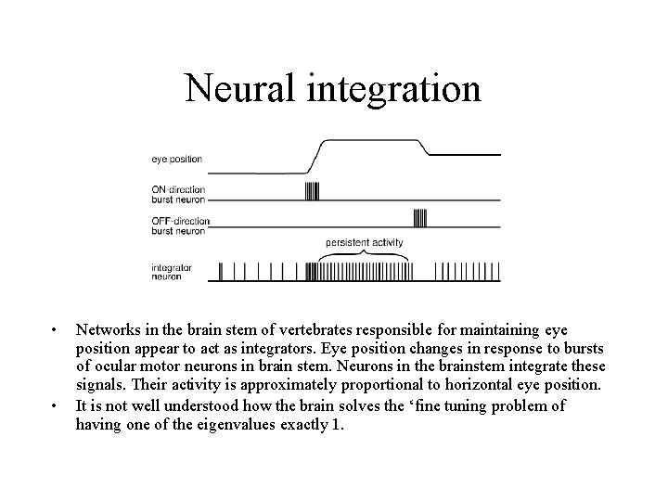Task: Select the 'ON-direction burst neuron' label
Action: click(x=178, y=195)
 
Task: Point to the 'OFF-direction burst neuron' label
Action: click(x=180, y=225)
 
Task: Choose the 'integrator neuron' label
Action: click(x=172, y=271)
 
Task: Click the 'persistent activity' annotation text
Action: click(x=365, y=242)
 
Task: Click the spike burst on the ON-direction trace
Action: click(x=312, y=191)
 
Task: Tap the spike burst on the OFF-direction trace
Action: click(x=420, y=219)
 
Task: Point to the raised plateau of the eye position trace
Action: click(x=371, y=141)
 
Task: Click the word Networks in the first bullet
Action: click(x=109, y=330)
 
